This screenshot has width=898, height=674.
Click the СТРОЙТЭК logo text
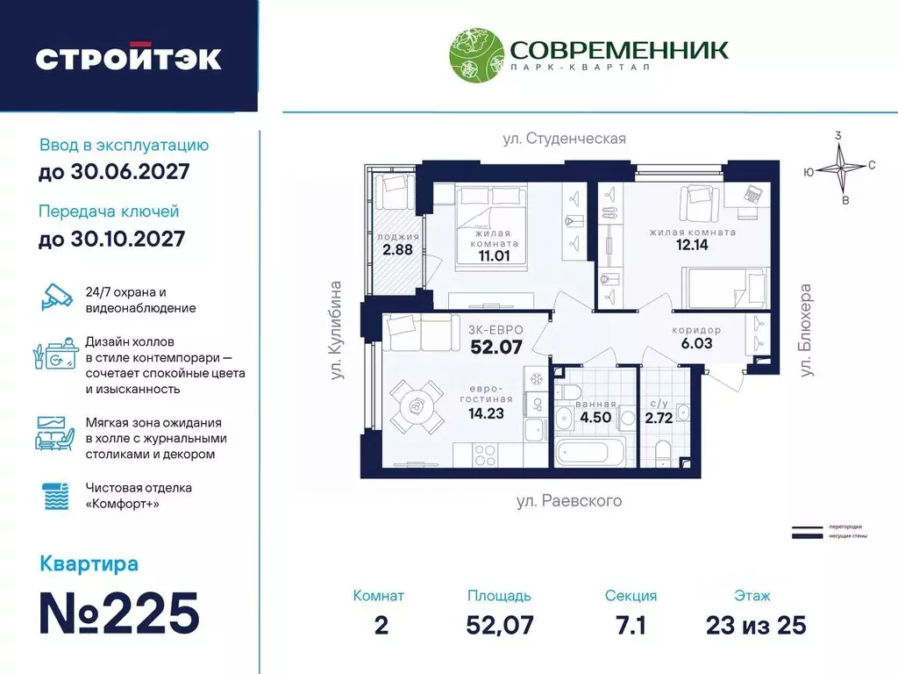[x=128, y=59]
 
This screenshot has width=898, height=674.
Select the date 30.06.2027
[x=114, y=172]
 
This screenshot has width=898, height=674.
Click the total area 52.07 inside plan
[x=495, y=347]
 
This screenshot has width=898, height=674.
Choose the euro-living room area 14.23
[x=486, y=413]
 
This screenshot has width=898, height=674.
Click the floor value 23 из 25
[x=755, y=625]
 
